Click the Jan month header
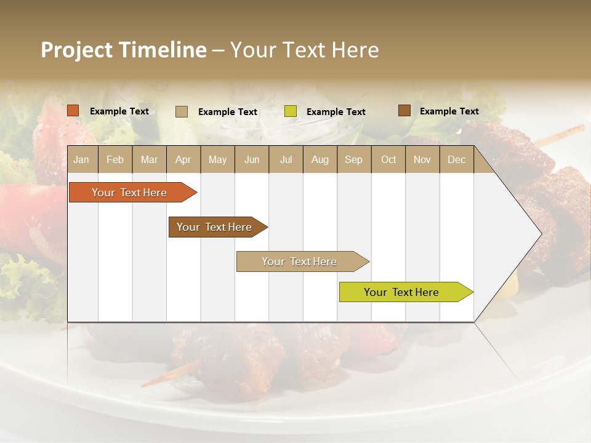pyautogui.click(x=82, y=159)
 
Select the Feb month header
pyautogui.click(x=115, y=159)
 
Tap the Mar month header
pyautogui.click(x=149, y=159)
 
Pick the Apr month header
pyautogui.click(x=183, y=159)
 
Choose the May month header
pyautogui.click(x=217, y=159)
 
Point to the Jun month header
pyautogui.click(x=252, y=159)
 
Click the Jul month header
pyautogui.click(x=286, y=159)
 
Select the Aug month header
pyautogui.click(x=320, y=159)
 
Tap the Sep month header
pyautogui.click(x=354, y=159)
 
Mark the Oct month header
pyautogui.click(x=388, y=159)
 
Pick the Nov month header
pyautogui.click(x=422, y=159)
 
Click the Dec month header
pyautogui.click(x=457, y=159)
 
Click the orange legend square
pyautogui.click(x=73, y=111)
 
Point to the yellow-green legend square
pyautogui.click(x=291, y=111)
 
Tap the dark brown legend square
pyautogui.click(x=404, y=111)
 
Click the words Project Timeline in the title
pyautogui.click(x=124, y=50)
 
